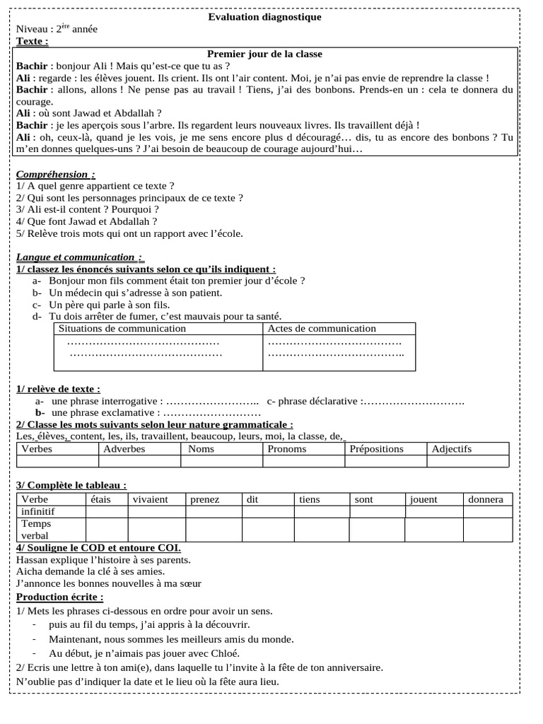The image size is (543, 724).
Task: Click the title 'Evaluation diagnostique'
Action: (264, 17)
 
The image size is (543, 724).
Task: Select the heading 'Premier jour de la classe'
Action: (264, 54)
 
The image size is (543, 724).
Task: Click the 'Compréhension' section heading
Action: (55, 174)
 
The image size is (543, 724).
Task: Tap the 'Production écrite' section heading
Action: (60, 597)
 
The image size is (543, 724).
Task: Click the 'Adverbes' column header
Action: (124, 449)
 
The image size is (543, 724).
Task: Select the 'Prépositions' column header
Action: (377, 449)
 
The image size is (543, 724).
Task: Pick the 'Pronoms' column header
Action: (287, 449)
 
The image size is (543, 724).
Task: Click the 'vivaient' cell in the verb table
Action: (150, 499)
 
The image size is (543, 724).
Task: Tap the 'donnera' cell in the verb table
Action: (486, 499)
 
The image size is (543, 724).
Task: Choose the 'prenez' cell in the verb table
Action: (205, 499)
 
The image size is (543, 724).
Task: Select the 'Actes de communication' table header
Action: (322, 329)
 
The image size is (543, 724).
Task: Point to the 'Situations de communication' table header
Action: (122, 329)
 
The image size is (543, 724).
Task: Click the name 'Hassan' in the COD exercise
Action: (33, 559)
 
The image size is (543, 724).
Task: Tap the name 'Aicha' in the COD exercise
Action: (30, 571)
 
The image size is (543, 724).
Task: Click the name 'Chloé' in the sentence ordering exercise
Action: (225, 653)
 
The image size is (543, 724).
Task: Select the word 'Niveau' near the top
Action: (33, 29)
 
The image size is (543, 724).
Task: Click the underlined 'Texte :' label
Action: (33, 41)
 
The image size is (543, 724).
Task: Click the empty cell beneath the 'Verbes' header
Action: (57, 462)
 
